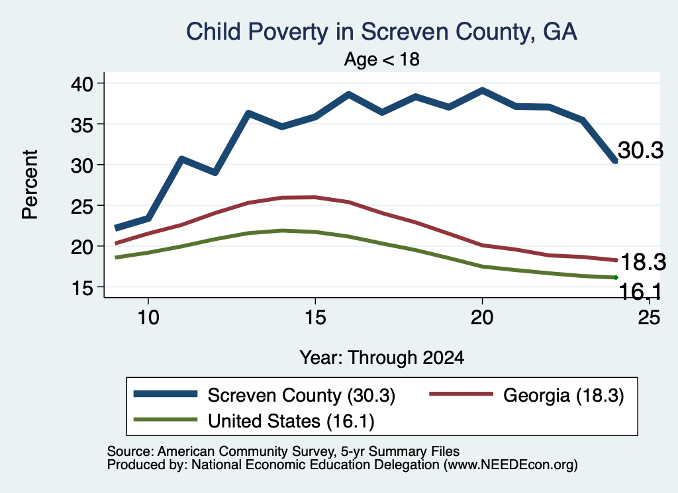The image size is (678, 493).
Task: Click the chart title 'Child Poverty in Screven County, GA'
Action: [x=381, y=32]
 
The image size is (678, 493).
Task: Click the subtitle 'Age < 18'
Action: [x=382, y=59]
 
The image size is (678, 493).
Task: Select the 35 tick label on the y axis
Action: [x=82, y=124]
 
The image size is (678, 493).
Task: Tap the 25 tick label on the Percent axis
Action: [x=82, y=206]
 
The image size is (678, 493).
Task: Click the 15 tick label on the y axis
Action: [x=82, y=287]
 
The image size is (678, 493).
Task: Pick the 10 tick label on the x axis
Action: [x=148, y=318]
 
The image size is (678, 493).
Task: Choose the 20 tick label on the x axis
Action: [x=482, y=318]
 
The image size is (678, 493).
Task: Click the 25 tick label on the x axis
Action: [x=649, y=318]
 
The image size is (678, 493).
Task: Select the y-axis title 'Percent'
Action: [x=30, y=185]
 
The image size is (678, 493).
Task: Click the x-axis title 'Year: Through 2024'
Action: [x=382, y=358]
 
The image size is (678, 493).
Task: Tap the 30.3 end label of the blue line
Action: [x=640, y=150]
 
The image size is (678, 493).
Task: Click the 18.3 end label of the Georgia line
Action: [x=643, y=262]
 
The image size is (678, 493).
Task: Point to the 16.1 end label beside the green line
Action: [x=640, y=292]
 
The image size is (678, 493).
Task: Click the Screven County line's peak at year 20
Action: [x=482, y=91]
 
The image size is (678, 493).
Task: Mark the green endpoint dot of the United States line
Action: [x=615, y=277]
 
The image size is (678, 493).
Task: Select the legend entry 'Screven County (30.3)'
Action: [x=265, y=395]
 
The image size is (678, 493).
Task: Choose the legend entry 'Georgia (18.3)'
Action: [x=526, y=395]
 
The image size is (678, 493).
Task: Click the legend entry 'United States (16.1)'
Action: [x=254, y=421]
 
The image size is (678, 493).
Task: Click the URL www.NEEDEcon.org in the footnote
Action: [x=510, y=465]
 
